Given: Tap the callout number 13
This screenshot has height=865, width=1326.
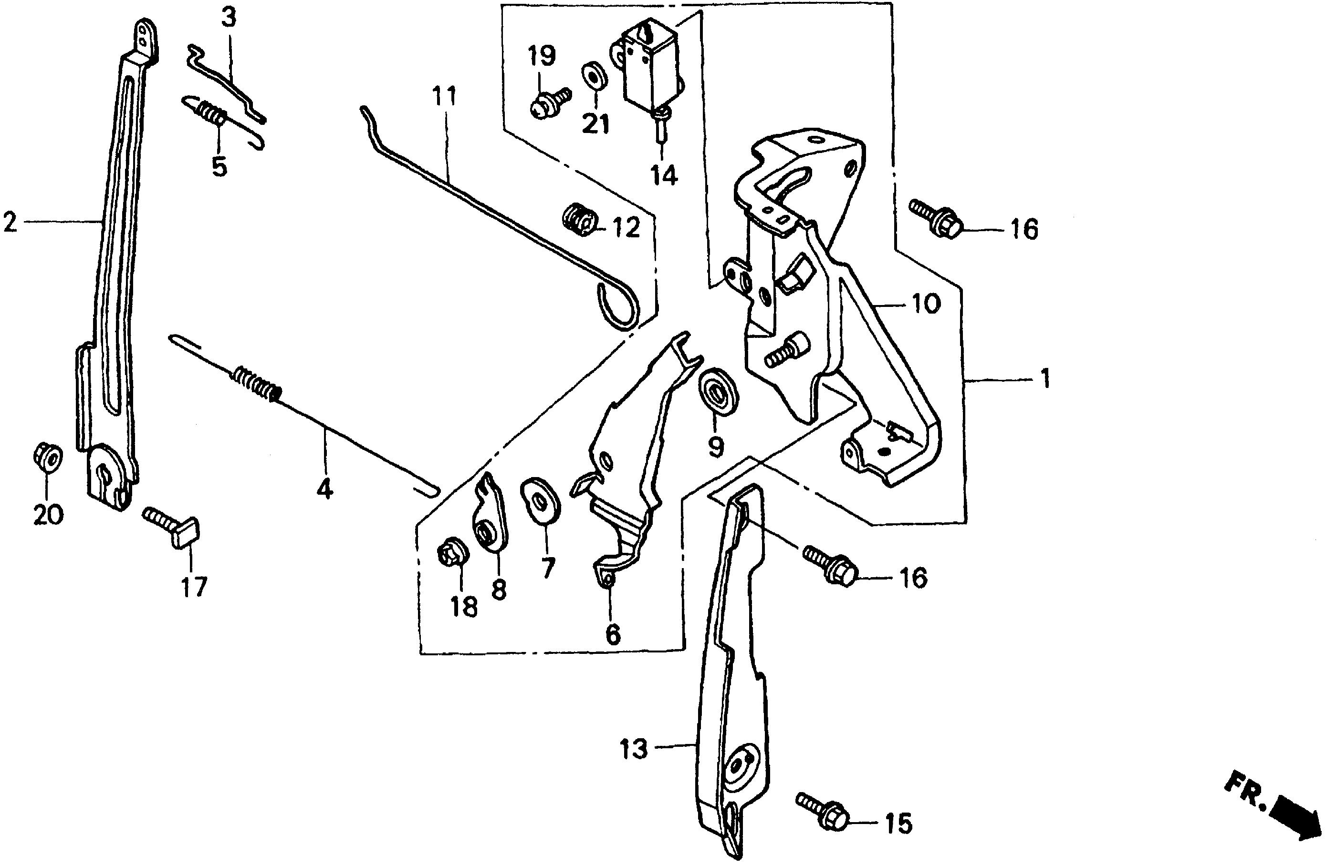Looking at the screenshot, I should (x=634, y=749).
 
